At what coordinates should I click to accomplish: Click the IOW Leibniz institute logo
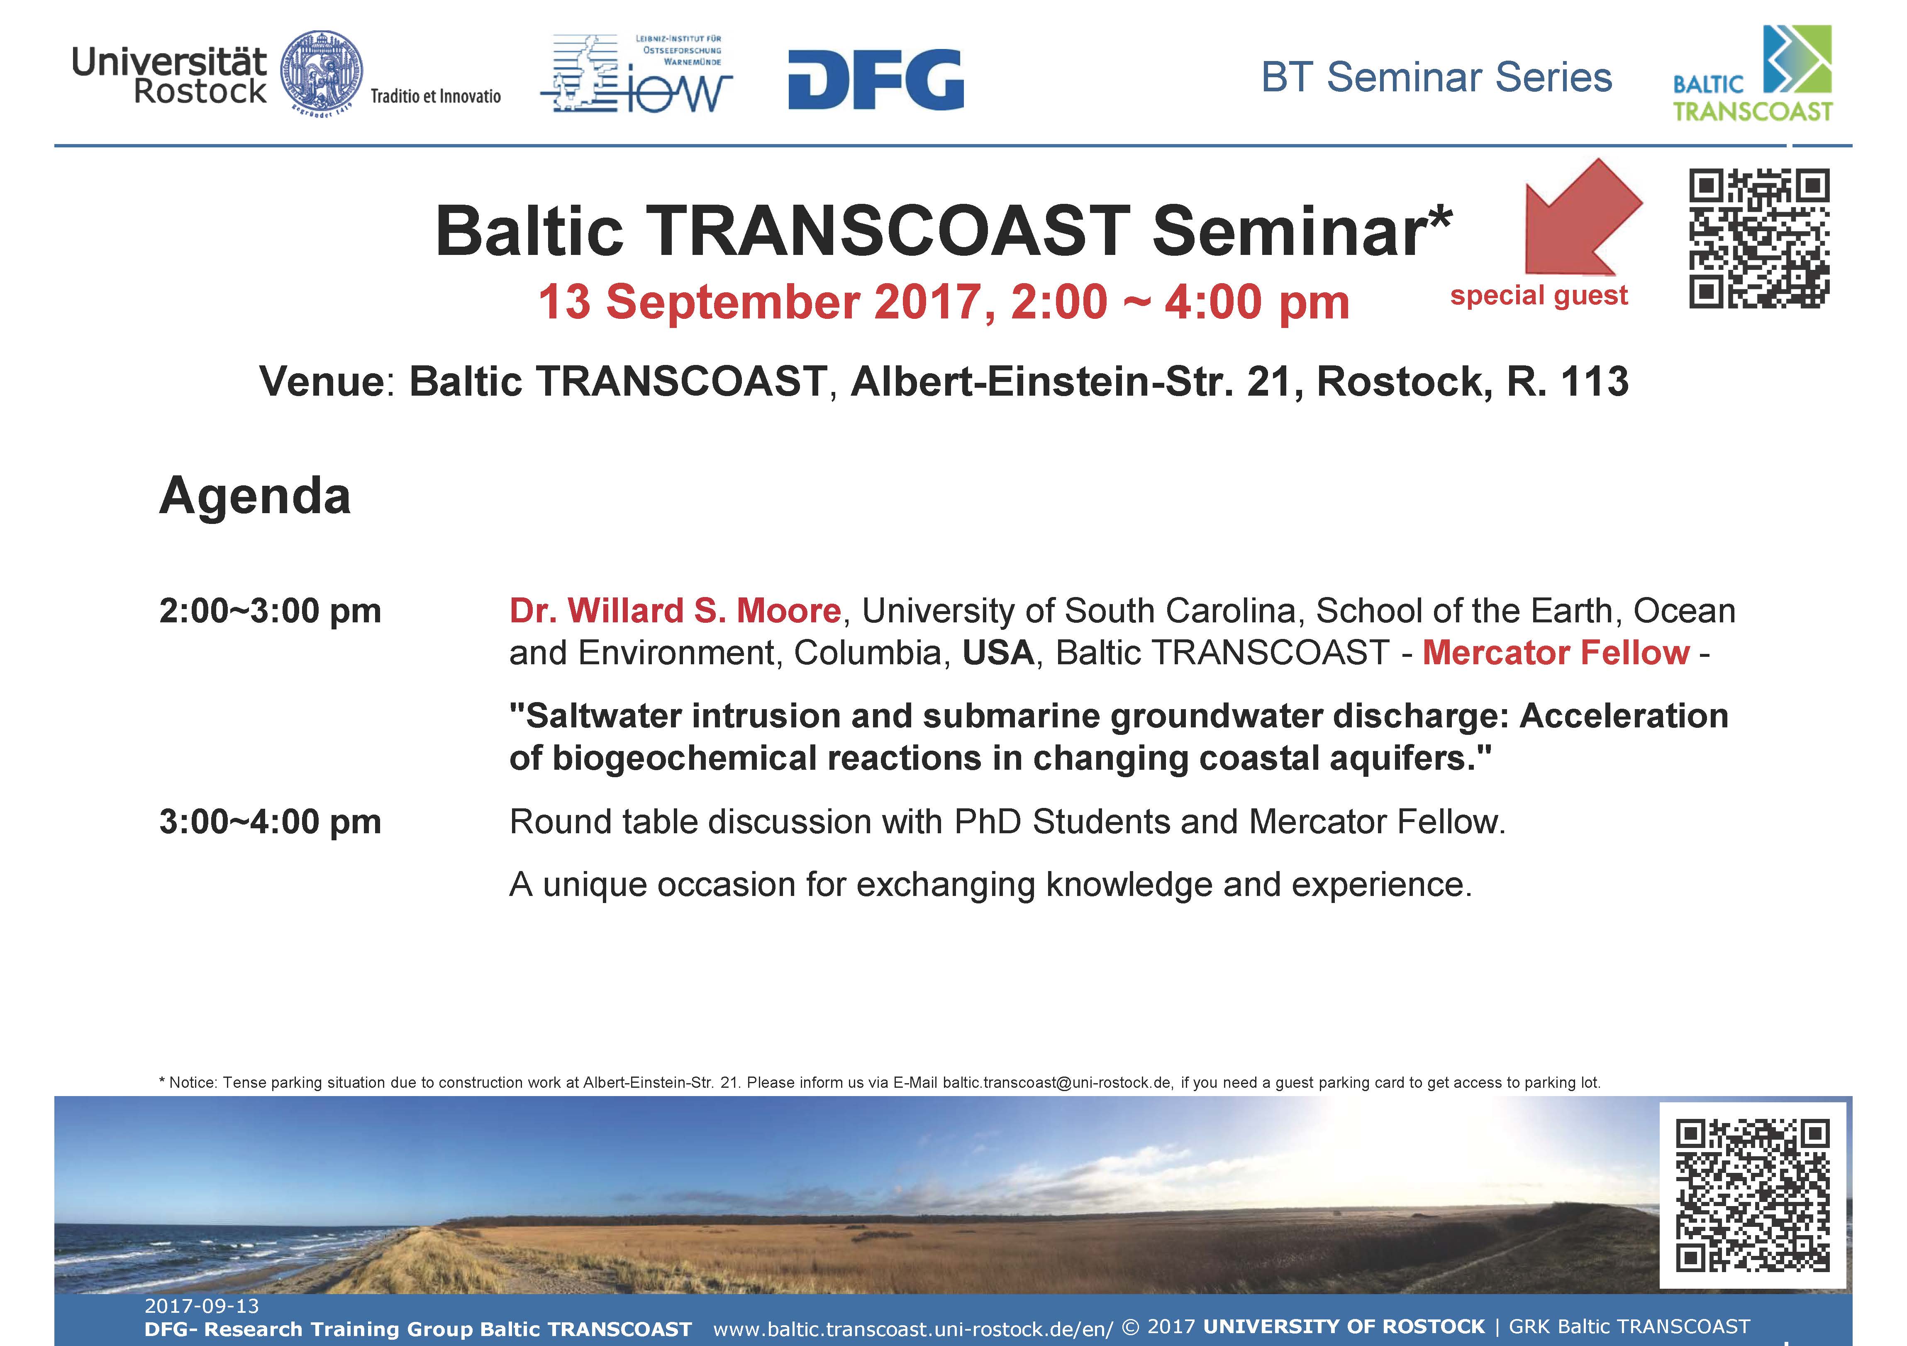tap(636, 73)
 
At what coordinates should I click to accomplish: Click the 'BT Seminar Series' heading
tap(1436, 77)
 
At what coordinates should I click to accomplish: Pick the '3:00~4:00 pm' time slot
tap(270, 822)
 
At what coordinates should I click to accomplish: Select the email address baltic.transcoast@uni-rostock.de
tap(1056, 1083)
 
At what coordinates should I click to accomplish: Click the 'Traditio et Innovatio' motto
tap(435, 96)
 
